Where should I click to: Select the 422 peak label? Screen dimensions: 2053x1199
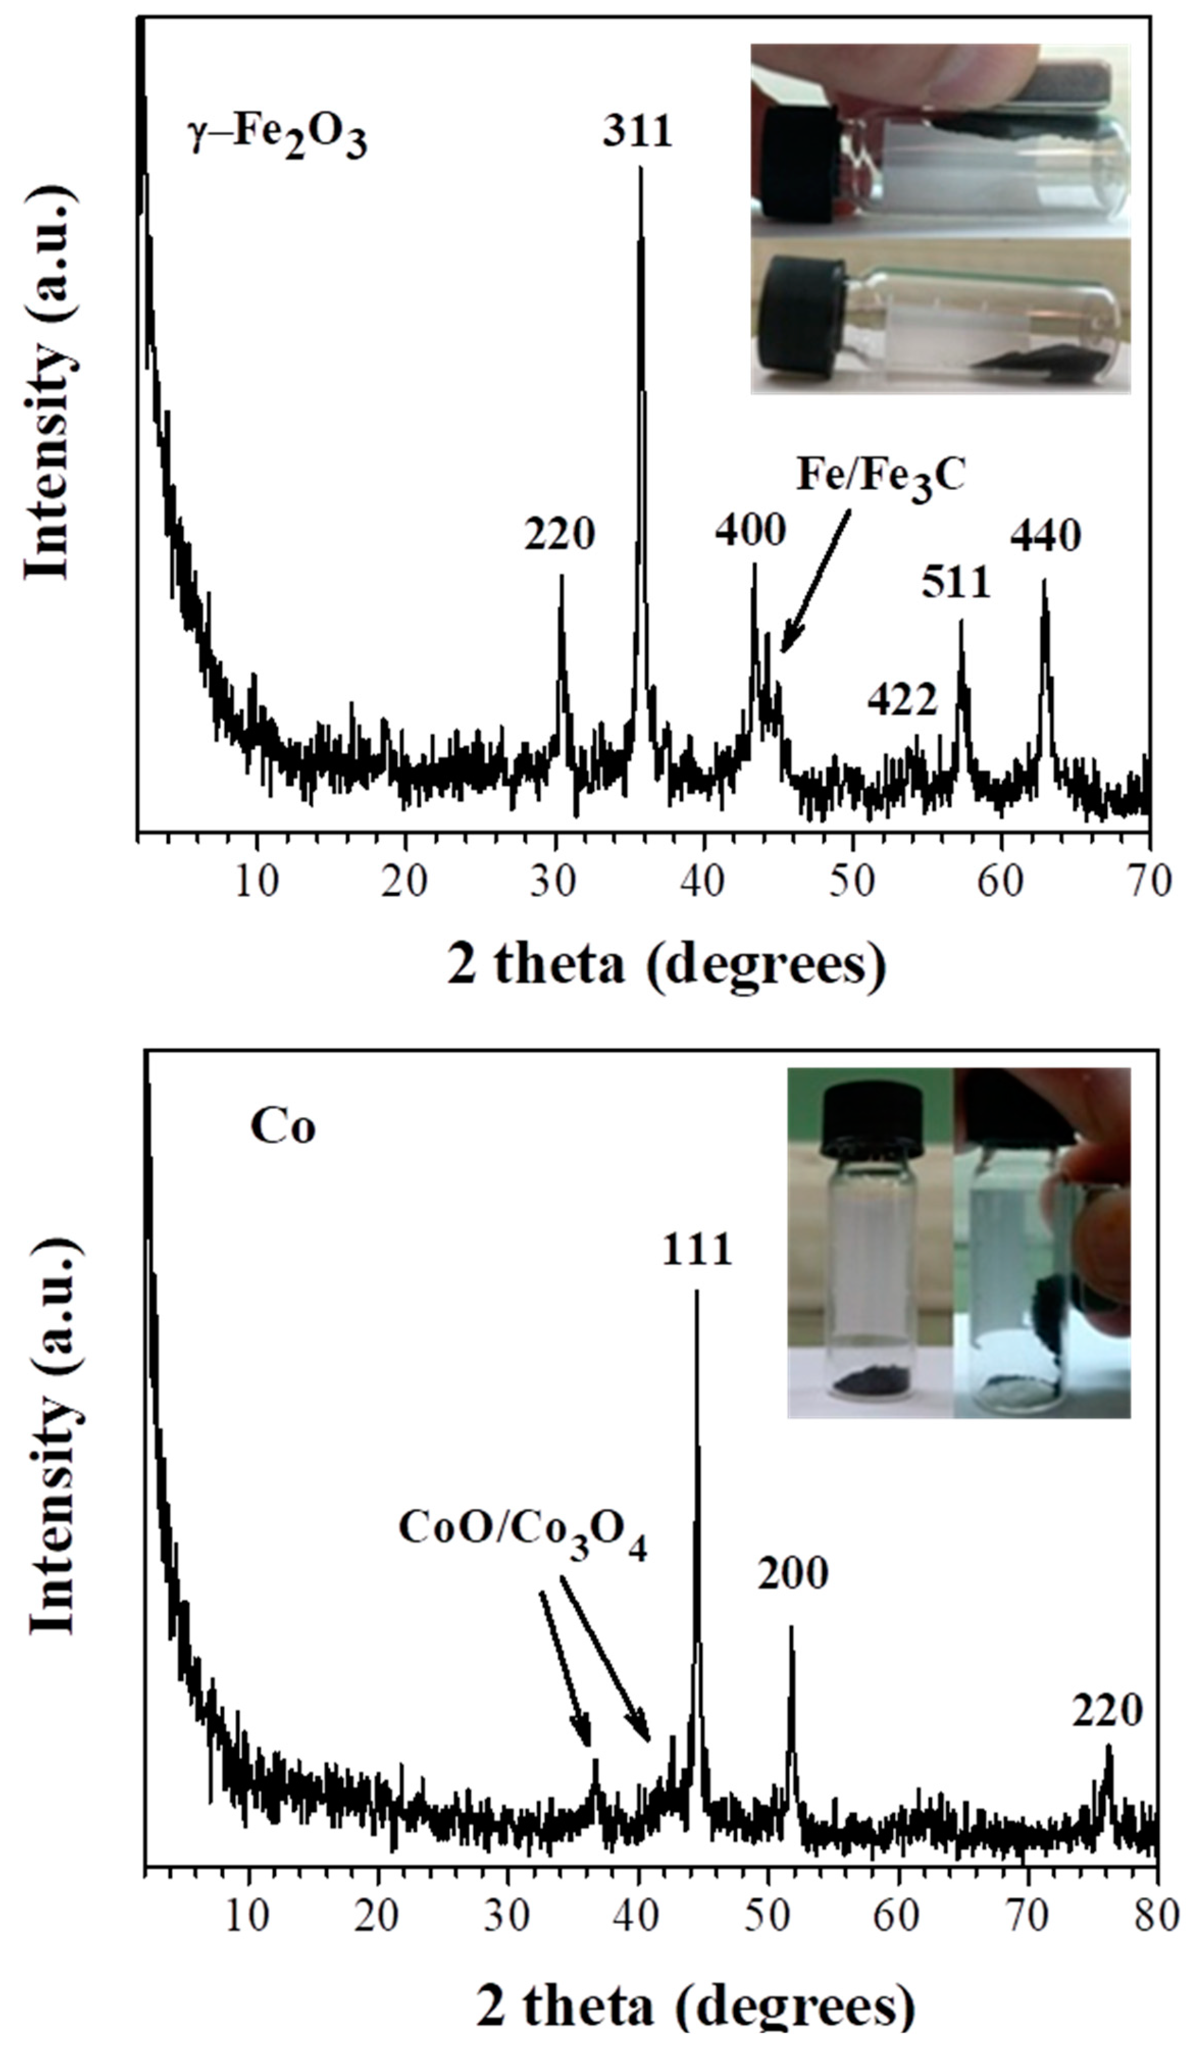click(x=902, y=700)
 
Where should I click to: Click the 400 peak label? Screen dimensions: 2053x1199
click(x=750, y=530)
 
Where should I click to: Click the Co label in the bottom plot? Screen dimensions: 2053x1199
click(x=283, y=1129)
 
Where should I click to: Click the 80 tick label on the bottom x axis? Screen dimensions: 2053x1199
click(x=1157, y=1892)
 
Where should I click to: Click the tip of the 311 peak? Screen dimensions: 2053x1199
click(x=640, y=169)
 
